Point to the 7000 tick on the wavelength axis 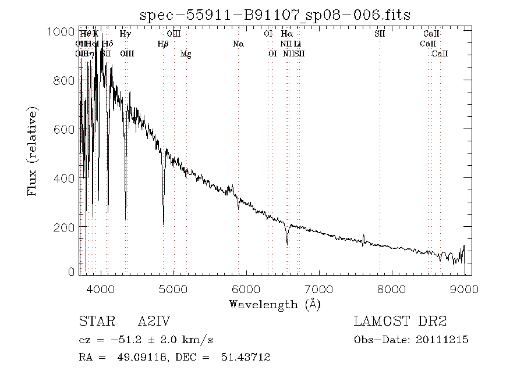(x=319, y=288)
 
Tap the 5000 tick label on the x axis (x=174, y=288)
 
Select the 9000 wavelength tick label (x=464, y=288)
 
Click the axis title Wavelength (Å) (x=275, y=304)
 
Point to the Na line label (x=238, y=44)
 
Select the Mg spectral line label (x=186, y=54)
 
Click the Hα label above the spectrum (x=286, y=34)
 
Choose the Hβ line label (x=163, y=44)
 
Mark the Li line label (x=297, y=44)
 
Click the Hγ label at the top (x=125, y=34)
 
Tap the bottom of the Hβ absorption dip (x=163, y=223)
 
